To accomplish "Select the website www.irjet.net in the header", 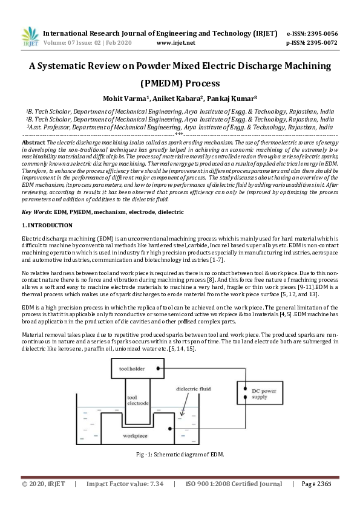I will (175, 43).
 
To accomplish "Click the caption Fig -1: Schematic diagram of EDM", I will (180, 455).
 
